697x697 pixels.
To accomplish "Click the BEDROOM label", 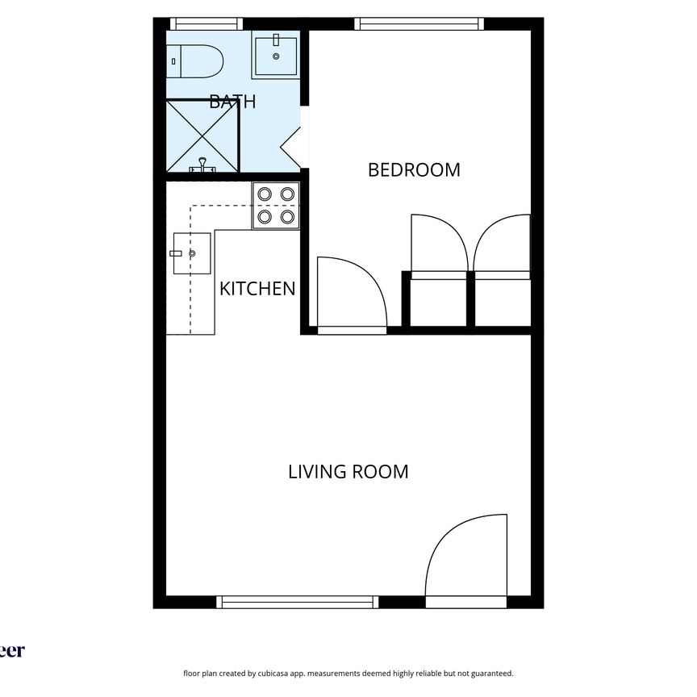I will pyautogui.click(x=414, y=169).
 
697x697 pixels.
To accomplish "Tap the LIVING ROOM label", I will pyautogui.click(x=348, y=471).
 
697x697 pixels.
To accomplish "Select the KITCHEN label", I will pyautogui.click(x=257, y=288).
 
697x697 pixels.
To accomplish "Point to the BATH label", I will pyautogui.click(x=232, y=102).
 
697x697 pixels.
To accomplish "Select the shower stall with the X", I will pyautogui.click(x=202, y=135).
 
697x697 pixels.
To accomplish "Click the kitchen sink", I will pyautogui.click(x=192, y=253).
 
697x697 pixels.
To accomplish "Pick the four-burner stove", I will pyautogui.click(x=276, y=205).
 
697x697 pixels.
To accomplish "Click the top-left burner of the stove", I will pyautogui.click(x=265, y=194).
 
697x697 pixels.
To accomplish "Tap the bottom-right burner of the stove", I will pyautogui.click(x=287, y=216).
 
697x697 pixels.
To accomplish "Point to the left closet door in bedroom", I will pyautogui.click(x=439, y=247).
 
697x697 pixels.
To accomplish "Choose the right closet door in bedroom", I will pyautogui.click(x=502, y=247).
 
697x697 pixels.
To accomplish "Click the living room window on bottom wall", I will pyautogui.click(x=298, y=602).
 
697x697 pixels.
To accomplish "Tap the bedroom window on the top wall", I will pyautogui.click(x=419, y=23).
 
